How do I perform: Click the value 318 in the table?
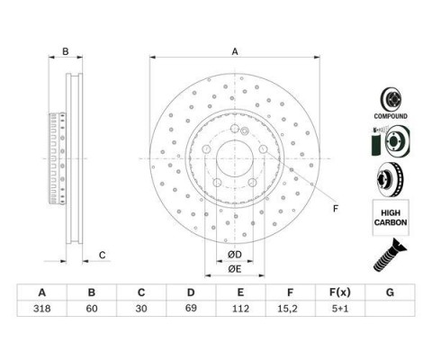click(x=42, y=309)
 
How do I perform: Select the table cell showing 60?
click(x=92, y=309)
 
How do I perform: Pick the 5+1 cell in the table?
click(x=340, y=309)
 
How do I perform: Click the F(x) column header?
click(x=340, y=292)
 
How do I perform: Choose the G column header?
click(x=390, y=292)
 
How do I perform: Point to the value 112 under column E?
click(x=240, y=309)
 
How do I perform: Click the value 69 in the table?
click(x=191, y=309)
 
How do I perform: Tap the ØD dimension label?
click(x=235, y=255)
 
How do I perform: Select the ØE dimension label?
click(x=235, y=269)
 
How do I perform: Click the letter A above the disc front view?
click(x=235, y=51)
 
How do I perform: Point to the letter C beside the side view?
click(x=103, y=255)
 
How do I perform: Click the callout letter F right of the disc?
click(x=336, y=209)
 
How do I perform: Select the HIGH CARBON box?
click(x=391, y=218)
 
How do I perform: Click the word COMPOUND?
click(x=391, y=116)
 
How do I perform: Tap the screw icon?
click(x=390, y=255)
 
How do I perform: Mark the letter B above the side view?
click(x=66, y=51)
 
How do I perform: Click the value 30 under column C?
click(x=141, y=309)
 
